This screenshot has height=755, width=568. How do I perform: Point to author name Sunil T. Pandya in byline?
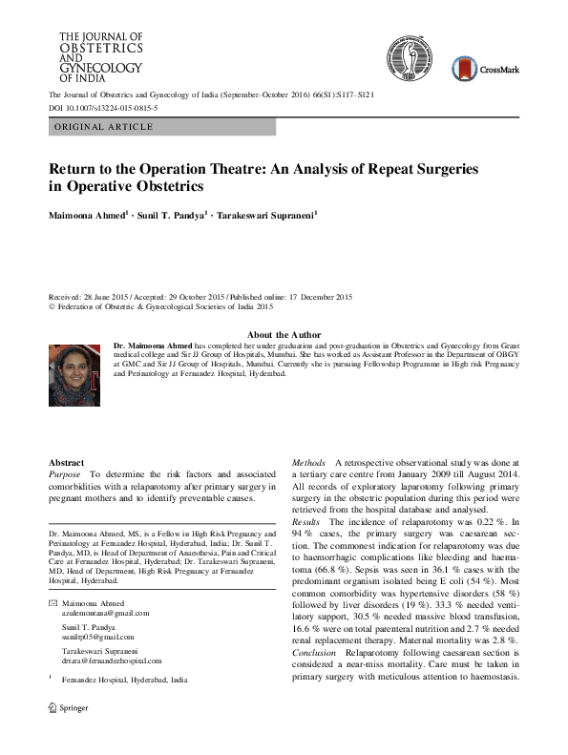click(x=175, y=217)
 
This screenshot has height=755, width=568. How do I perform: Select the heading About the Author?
click(x=284, y=334)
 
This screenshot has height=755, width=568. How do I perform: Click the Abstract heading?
click(x=66, y=462)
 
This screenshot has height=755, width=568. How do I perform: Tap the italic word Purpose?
click(x=65, y=474)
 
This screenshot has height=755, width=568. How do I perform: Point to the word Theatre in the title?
click(x=202, y=167)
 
